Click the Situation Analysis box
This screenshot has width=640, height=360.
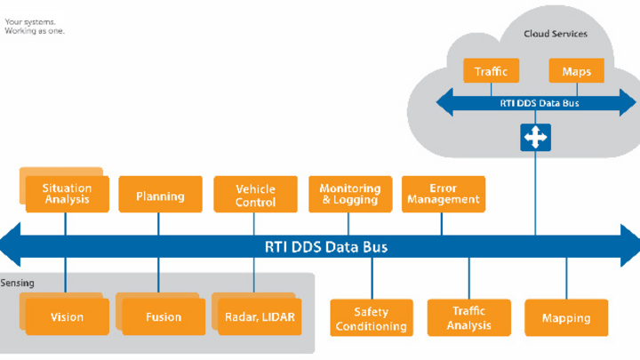[x=67, y=194]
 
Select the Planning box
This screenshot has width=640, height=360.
[x=160, y=196]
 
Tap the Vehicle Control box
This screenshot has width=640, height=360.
[x=255, y=195]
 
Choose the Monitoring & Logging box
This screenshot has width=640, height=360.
[x=349, y=194]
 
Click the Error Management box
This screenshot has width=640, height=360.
[x=443, y=194]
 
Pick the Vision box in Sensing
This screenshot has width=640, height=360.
[x=68, y=316]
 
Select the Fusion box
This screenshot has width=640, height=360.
[x=163, y=316]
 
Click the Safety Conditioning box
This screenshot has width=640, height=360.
[x=371, y=318]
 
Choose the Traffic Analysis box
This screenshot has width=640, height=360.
[x=468, y=318]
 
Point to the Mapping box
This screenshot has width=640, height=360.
[x=565, y=318]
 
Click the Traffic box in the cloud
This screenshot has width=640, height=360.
[x=491, y=71]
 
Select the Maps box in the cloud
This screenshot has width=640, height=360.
[x=577, y=71]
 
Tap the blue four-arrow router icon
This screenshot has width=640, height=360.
[x=536, y=137]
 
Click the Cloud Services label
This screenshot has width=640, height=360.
[x=556, y=34]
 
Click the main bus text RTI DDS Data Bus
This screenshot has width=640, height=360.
[x=326, y=246]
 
